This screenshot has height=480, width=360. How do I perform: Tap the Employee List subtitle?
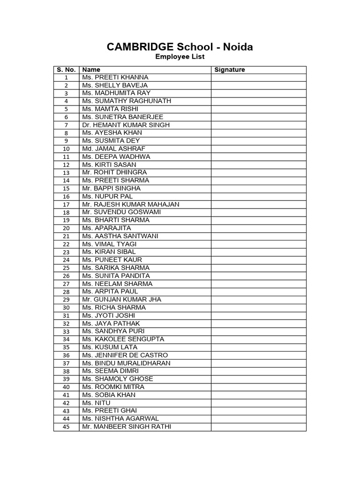click(x=180, y=57)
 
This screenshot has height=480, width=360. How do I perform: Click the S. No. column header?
click(x=66, y=70)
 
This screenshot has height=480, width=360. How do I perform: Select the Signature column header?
click(x=230, y=70)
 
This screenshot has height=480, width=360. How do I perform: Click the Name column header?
click(x=91, y=70)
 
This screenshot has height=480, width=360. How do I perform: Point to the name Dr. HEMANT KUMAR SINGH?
click(x=126, y=125)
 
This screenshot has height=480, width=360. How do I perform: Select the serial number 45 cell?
click(x=66, y=427)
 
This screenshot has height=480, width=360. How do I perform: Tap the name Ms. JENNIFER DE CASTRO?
click(x=125, y=355)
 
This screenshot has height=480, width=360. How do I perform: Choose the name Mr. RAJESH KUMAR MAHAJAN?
click(x=131, y=204)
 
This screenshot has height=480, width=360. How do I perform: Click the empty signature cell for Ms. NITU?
click(x=258, y=403)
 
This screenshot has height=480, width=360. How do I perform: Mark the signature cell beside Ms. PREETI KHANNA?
click(x=258, y=77)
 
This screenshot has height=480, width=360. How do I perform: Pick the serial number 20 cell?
click(x=66, y=228)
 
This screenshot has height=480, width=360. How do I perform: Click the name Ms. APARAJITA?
click(x=106, y=228)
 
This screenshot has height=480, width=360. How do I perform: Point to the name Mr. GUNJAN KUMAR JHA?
click(x=121, y=300)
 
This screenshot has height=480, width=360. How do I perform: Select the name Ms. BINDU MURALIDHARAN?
click(x=126, y=363)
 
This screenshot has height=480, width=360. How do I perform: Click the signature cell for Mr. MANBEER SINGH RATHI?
click(x=258, y=427)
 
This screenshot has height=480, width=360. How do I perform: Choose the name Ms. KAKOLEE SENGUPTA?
click(x=123, y=339)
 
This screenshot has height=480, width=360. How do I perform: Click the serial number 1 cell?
click(x=66, y=77)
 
